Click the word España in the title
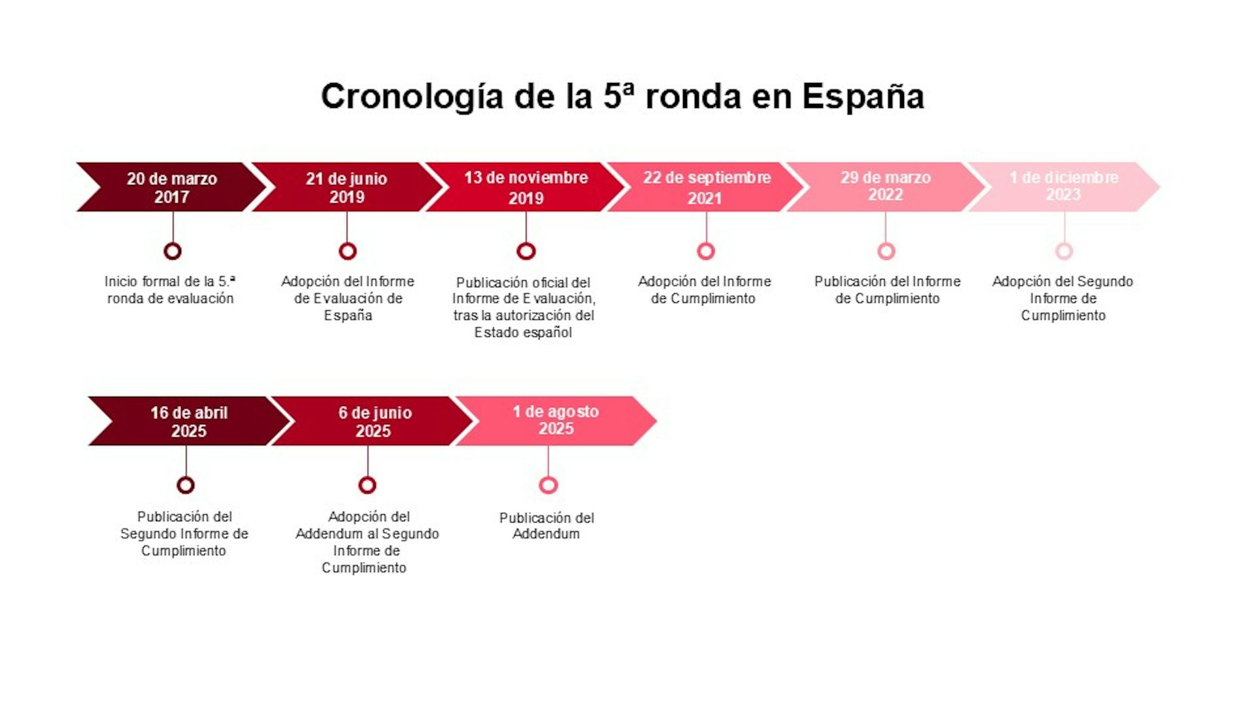pos(863,97)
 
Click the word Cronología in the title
pos(412,97)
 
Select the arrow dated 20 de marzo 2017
pos(171,187)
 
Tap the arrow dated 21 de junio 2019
pos(347,187)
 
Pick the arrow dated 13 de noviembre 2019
pos(526,187)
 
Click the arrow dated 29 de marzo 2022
pos(886,187)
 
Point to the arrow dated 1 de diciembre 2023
pos(1064,187)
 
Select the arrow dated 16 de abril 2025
pos(189,421)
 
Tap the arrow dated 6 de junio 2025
pos(372,421)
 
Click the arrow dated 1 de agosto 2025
pos(556,421)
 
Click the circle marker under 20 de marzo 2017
pos(173,243)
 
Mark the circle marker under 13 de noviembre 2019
pos(526,243)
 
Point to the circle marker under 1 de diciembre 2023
pos(1064,243)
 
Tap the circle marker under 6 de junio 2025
pos(367,477)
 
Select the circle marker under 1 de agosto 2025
pos(548,477)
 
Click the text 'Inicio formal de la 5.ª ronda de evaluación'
pos(170,290)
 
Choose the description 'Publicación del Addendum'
pos(546,526)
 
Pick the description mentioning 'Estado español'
pos(524,307)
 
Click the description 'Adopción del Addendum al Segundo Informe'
pos(367,542)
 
